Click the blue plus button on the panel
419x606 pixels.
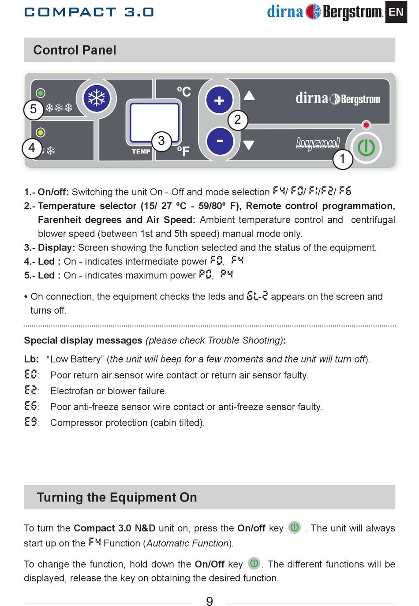219,101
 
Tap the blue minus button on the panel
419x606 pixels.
219,141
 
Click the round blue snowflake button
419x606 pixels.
96,98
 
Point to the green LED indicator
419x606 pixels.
41,93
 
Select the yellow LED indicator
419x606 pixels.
41,132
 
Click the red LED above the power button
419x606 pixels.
366,125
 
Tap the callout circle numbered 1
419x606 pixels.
342,159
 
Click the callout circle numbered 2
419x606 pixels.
238,120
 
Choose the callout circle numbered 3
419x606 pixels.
161,141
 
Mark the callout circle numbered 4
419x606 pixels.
32,148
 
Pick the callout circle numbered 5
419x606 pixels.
34,109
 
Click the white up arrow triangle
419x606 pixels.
249,95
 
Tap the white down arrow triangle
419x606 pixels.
249,145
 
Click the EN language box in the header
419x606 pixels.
396,12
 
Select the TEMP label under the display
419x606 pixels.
141,151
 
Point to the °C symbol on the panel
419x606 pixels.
184,92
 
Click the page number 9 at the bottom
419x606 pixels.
209,601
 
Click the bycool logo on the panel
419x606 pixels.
318,143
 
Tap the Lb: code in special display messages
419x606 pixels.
31,359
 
